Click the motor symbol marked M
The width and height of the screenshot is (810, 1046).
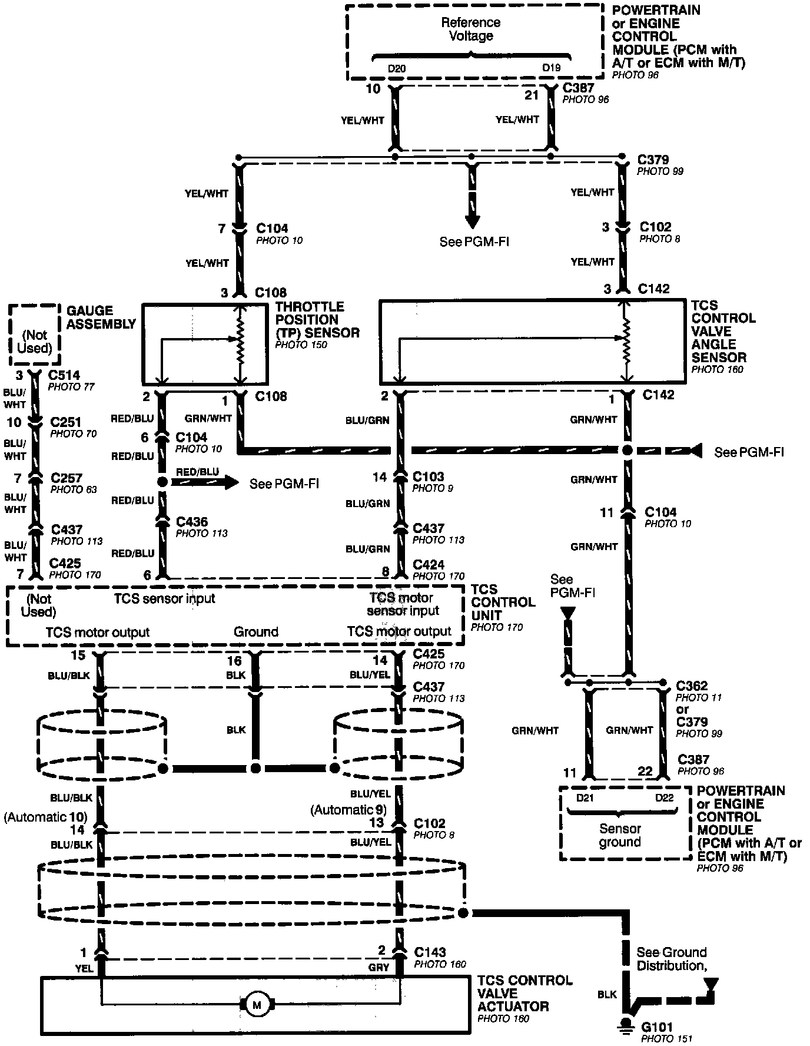click(x=257, y=1005)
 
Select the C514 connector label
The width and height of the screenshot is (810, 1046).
click(x=64, y=375)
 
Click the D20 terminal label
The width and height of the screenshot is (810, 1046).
click(x=396, y=68)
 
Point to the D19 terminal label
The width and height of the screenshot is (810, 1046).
click(x=551, y=68)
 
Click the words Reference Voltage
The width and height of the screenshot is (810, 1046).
click(x=471, y=29)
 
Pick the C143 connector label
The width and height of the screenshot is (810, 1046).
click(x=430, y=952)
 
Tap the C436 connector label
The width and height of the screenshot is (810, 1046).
click(x=192, y=522)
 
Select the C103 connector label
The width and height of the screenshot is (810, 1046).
click(x=429, y=476)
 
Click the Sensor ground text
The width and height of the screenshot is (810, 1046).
click(x=619, y=835)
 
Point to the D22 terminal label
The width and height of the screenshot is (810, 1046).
click(x=664, y=798)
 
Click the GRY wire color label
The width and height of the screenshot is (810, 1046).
click(x=380, y=967)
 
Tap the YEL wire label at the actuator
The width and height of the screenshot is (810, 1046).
click(x=84, y=968)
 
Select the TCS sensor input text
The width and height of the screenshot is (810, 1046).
click(x=164, y=598)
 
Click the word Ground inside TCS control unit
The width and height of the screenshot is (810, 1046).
click(x=256, y=632)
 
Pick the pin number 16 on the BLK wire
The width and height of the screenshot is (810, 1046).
click(x=234, y=661)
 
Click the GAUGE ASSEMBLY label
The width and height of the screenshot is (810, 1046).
click(x=101, y=317)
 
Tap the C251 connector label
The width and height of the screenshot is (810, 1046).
click(x=66, y=422)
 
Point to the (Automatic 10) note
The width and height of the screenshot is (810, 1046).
click(x=45, y=817)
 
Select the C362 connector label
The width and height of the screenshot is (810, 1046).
click(x=692, y=686)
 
